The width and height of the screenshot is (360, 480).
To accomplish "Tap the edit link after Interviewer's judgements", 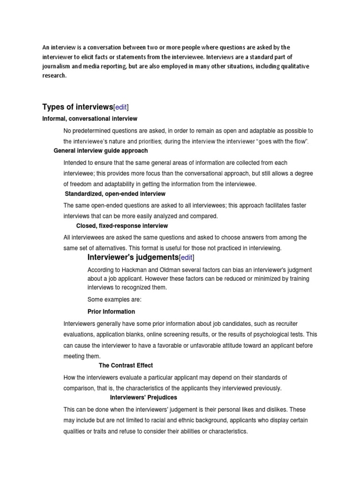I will pyautogui.click(x=187, y=257).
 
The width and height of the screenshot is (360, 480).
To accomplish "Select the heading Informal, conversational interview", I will pyautogui.click(x=90, y=119).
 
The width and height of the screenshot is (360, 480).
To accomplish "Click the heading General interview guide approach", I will pyautogui.click(x=101, y=150).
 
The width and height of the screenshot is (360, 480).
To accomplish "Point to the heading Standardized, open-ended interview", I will pyautogui.click(x=115, y=194).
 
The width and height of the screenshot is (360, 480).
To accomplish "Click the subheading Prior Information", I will pyautogui.click(x=111, y=312).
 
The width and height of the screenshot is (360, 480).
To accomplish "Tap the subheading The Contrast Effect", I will pyautogui.click(x=126, y=365).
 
